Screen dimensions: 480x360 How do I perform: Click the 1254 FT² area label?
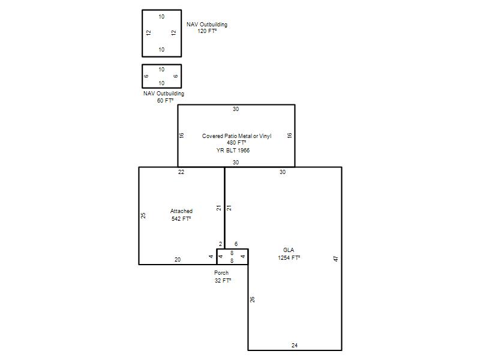[x=289, y=258]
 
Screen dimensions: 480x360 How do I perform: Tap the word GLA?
[x=289, y=250]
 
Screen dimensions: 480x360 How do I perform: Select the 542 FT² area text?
[x=181, y=218]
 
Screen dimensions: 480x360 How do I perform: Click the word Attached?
[x=181, y=211]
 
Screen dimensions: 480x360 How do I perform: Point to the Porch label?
[x=221, y=273]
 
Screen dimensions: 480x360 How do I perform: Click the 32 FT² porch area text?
[x=223, y=280]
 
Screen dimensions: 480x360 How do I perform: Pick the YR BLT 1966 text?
[x=233, y=151]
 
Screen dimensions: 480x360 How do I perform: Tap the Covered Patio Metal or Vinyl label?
[x=236, y=136]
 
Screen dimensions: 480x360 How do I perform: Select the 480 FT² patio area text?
[x=236, y=143]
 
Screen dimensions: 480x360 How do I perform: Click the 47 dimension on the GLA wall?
[x=336, y=259]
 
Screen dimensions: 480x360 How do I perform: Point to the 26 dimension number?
[x=252, y=299]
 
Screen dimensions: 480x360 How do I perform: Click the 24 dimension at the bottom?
[x=295, y=346]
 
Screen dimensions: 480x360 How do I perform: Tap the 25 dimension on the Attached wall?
[x=143, y=215]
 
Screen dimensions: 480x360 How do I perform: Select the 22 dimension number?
[x=181, y=172]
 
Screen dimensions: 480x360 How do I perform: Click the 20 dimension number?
[x=178, y=260]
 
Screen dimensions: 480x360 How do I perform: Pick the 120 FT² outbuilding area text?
[x=207, y=31]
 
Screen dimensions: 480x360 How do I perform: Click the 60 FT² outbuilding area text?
[x=166, y=100]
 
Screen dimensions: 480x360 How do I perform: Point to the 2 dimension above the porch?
[x=220, y=244]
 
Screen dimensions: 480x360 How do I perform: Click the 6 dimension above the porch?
[x=236, y=244]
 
